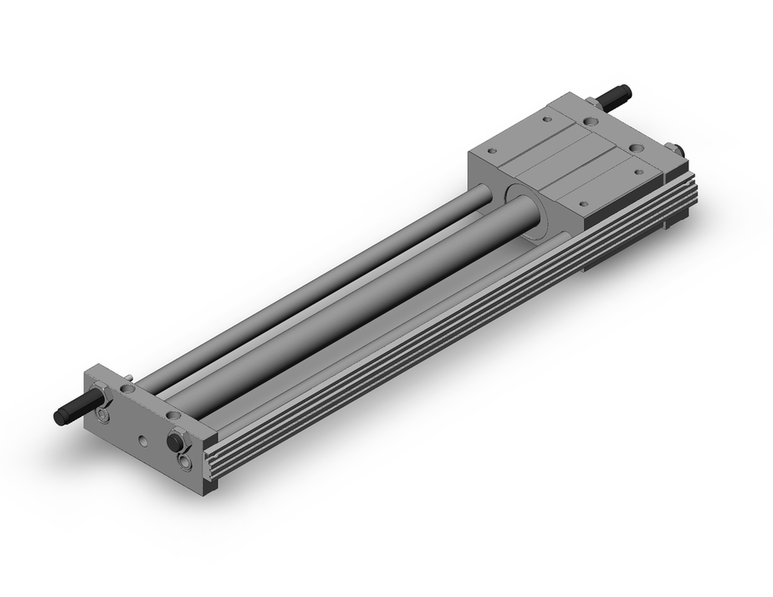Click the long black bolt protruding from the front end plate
click(71, 411)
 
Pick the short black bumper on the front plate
click(176, 442)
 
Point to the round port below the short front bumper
click(186, 462)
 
